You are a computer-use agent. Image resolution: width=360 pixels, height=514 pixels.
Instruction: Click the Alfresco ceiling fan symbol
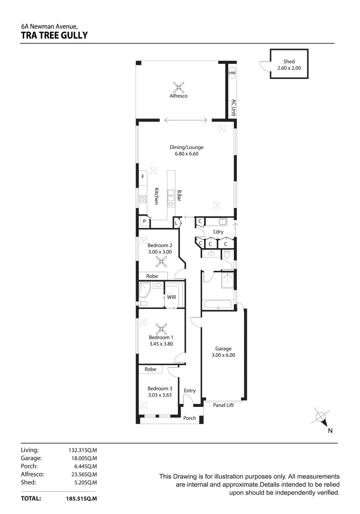tap(179, 86)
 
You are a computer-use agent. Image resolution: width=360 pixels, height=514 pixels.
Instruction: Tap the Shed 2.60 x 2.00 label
tap(289, 65)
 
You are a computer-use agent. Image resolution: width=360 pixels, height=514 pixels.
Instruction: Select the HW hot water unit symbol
tap(232, 73)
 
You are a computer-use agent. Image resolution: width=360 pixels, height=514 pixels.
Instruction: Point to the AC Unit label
tap(233, 108)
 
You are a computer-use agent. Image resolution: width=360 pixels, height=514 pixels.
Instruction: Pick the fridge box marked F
tap(142, 177)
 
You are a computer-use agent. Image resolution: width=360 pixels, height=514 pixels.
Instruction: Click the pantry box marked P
tap(143, 222)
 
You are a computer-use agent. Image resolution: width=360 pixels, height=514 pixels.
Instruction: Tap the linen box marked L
tap(176, 222)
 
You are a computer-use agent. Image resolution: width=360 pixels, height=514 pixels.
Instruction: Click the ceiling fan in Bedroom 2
tap(163, 260)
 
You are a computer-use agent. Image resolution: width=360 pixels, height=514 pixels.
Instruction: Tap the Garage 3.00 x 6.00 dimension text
tap(223, 352)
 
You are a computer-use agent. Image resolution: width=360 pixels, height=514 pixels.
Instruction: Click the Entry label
tap(190, 391)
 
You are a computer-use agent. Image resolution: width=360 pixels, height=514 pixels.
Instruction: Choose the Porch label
tap(190, 418)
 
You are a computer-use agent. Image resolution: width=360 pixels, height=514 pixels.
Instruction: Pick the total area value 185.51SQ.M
tap(81, 499)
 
